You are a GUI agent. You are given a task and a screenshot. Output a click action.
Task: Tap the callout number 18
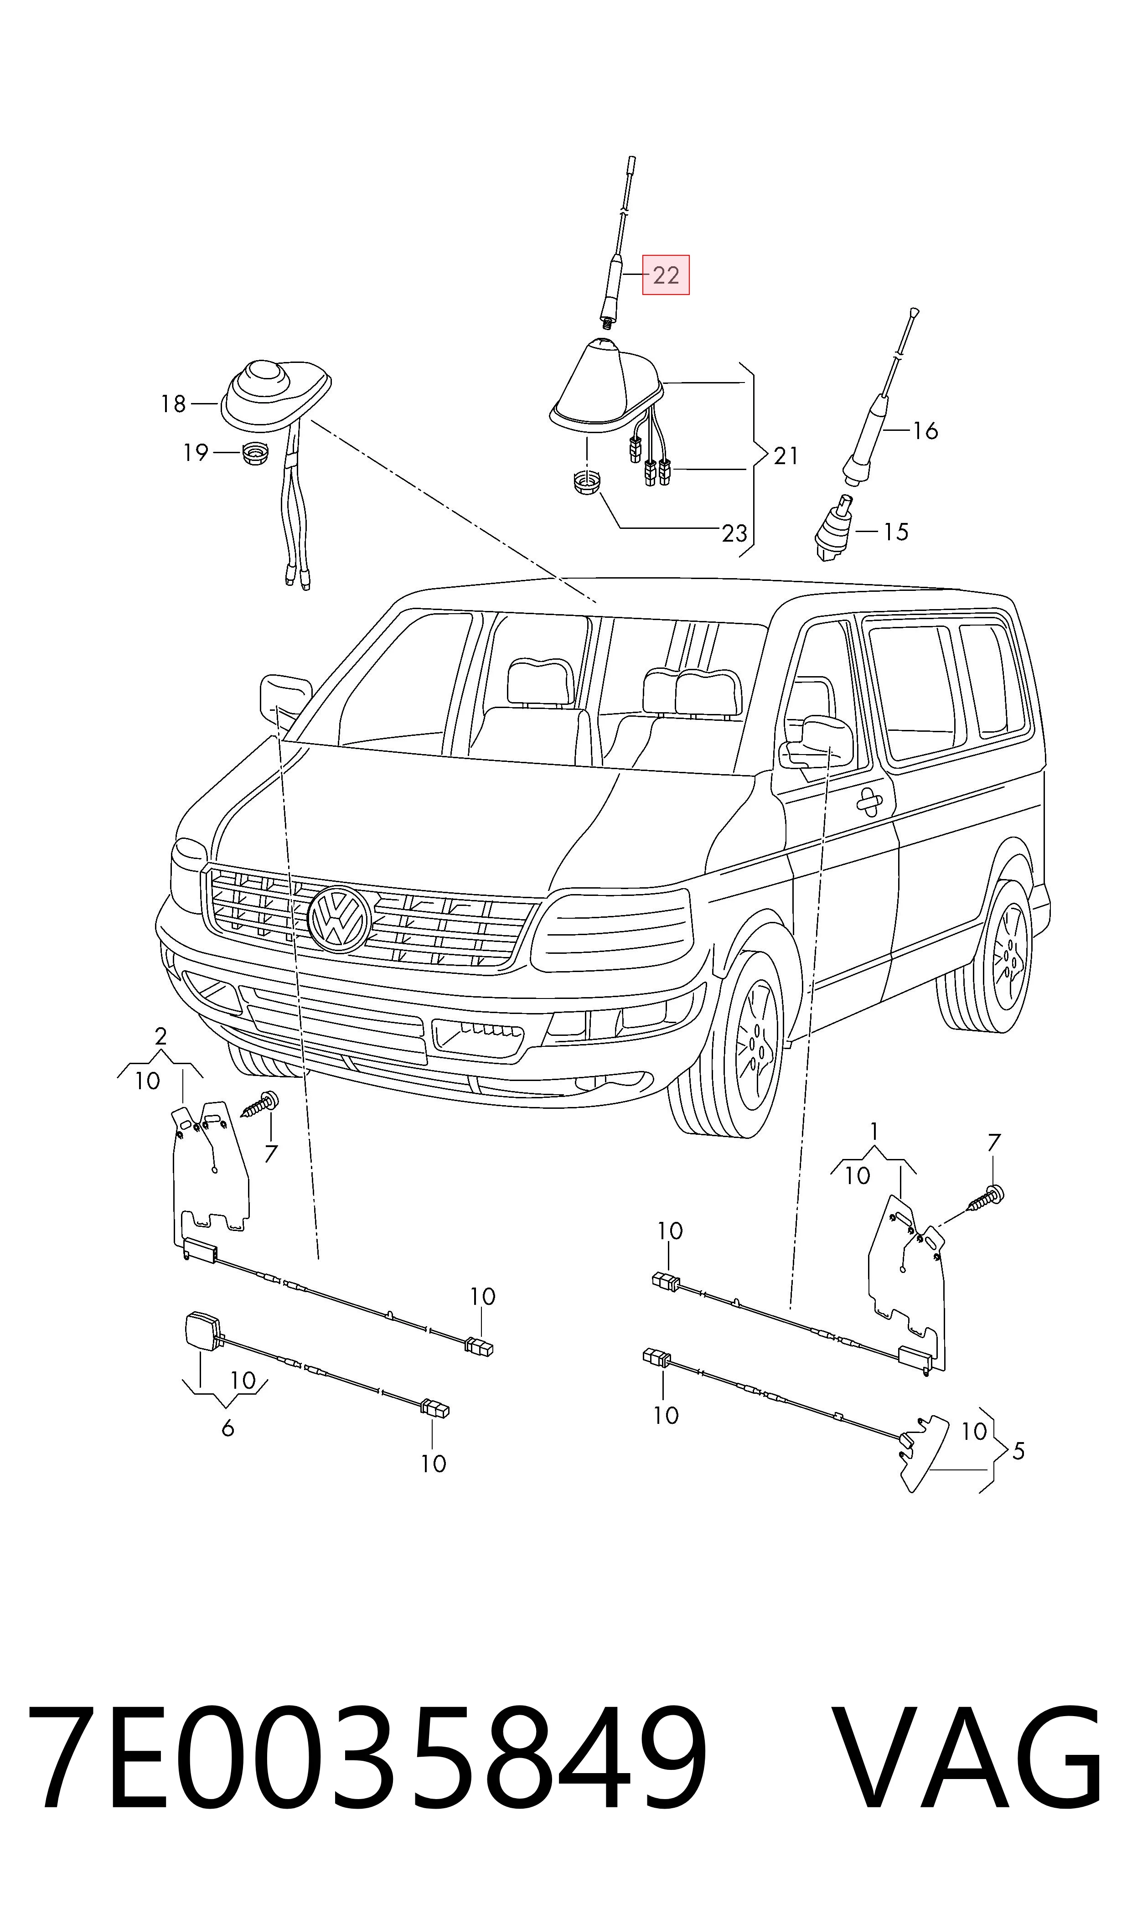point(173,404)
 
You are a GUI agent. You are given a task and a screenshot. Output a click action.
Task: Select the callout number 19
point(195,453)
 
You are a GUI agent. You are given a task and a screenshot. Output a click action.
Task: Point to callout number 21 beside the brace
point(786,456)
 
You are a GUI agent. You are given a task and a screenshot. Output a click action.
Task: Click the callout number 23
point(734,533)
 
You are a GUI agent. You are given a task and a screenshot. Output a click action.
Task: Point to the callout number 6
point(227,1428)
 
